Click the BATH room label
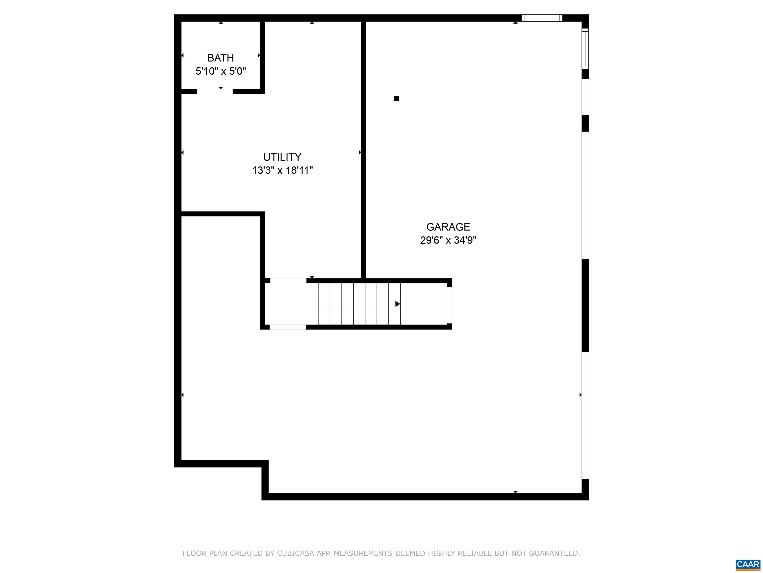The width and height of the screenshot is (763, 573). pyautogui.click(x=220, y=58)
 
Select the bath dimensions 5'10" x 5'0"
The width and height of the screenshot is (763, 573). pyautogui.click(x=220, y=71)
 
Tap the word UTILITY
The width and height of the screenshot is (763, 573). pyautogui.click(x=282, y=157)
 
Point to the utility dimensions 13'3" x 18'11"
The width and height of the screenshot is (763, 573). pyautogui.click(x=282, y=170)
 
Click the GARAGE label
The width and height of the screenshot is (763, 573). pyautogui.click(x=448, y=227)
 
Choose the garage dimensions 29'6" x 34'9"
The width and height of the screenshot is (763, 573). pyautogui.click(x=448, y=240)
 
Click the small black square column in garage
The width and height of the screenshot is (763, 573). pyautogui.click(x=396, y=98)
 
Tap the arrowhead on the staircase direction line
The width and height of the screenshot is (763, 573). pyautogui.click(x=398, y=304)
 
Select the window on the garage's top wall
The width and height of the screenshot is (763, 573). pyautogui.click(x=542, y=18)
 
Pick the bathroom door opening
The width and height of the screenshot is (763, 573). pyautogui.click(x=215, y=92)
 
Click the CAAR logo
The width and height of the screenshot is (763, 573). pyautogui.click(x=748, y=564)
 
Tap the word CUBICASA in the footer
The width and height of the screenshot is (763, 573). pyautogui.click(x=296, y=553)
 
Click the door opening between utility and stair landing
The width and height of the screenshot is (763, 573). pyautogui.click(x=288, y=281)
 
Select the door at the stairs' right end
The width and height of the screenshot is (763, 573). pyautogui.click(x=449, y=305)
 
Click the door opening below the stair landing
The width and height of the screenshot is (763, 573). pyautogui.click(x=288, y=327)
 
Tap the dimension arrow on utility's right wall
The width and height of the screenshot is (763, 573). pyautogui.click(x=360, y=152)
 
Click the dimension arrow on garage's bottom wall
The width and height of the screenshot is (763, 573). pyautogui.click(x=515, y=492)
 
